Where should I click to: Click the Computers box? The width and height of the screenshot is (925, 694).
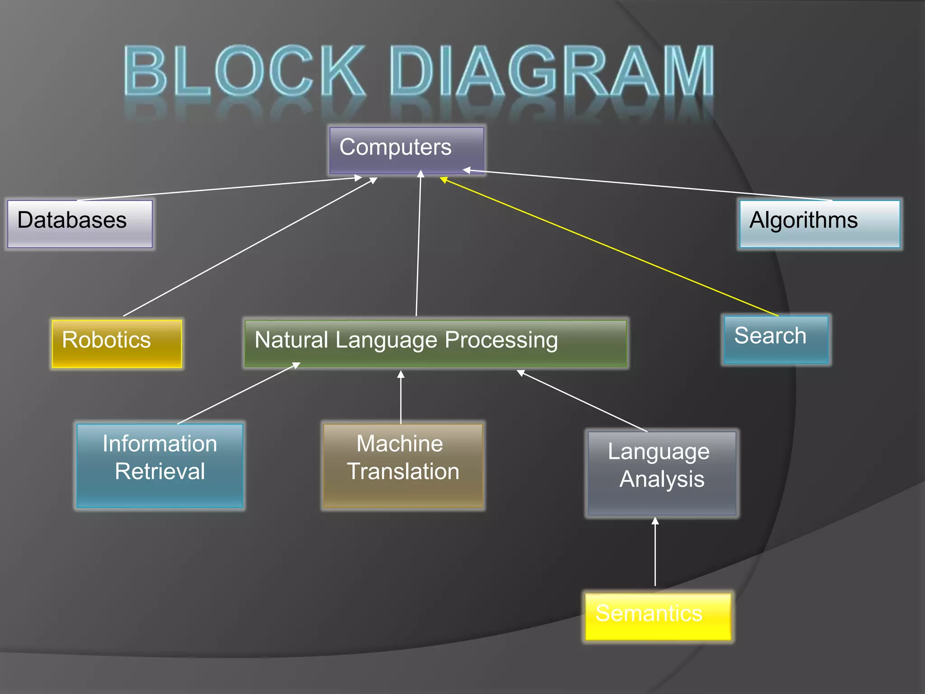tap(406, 150)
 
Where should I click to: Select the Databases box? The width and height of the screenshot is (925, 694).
tap(80, 224)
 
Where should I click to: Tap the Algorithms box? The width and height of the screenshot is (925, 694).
tap(819, 224)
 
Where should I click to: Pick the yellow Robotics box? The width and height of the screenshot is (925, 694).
tap(117, 343)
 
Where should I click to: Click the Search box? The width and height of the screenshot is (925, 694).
tap(776, 339)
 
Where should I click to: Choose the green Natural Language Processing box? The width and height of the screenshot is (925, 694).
tap(435, 343)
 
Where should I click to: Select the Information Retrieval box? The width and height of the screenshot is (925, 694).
tap(160, 465)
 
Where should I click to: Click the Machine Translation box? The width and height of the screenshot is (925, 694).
tap(403, 465)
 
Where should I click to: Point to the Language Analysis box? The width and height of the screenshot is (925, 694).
tap(662, 473)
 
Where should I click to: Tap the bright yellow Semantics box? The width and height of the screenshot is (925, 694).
tap(658, 617)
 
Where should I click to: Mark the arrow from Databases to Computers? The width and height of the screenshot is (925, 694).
tap(219, 188)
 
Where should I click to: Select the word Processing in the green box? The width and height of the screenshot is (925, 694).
tap(501, 340)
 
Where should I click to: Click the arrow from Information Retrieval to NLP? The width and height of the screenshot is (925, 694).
tap(238, 394)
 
